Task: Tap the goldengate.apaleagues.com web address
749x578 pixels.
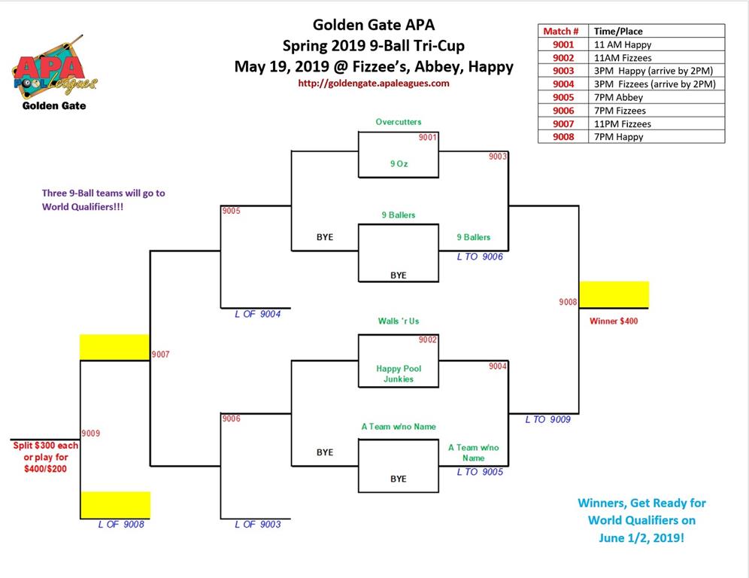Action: click(x=374, y=84)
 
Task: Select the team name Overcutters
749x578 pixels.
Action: click(x=399, y=122)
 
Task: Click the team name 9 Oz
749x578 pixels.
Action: click(x=399, y=163)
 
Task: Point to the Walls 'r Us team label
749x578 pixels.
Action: click(x=399, y=321)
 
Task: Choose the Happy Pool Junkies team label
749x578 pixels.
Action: click(x=399, y=374)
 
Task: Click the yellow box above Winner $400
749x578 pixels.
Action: click(x=614, y=294)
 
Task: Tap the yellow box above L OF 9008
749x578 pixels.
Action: click(x=115, y=505)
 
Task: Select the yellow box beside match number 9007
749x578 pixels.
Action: click(x=114, y=347)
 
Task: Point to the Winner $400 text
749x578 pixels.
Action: click(x=614, y=321)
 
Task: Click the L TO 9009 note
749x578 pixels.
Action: click(x=548, y=419)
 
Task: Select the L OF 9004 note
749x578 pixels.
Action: click(x=257, y=314)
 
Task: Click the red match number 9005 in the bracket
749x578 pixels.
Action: click(x=231, y=211)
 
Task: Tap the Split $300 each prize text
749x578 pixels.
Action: click(x=45, y=446)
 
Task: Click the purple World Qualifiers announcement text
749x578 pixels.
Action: click(x=103, y=200)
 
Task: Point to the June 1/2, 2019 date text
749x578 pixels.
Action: click(x=641, y=538)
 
